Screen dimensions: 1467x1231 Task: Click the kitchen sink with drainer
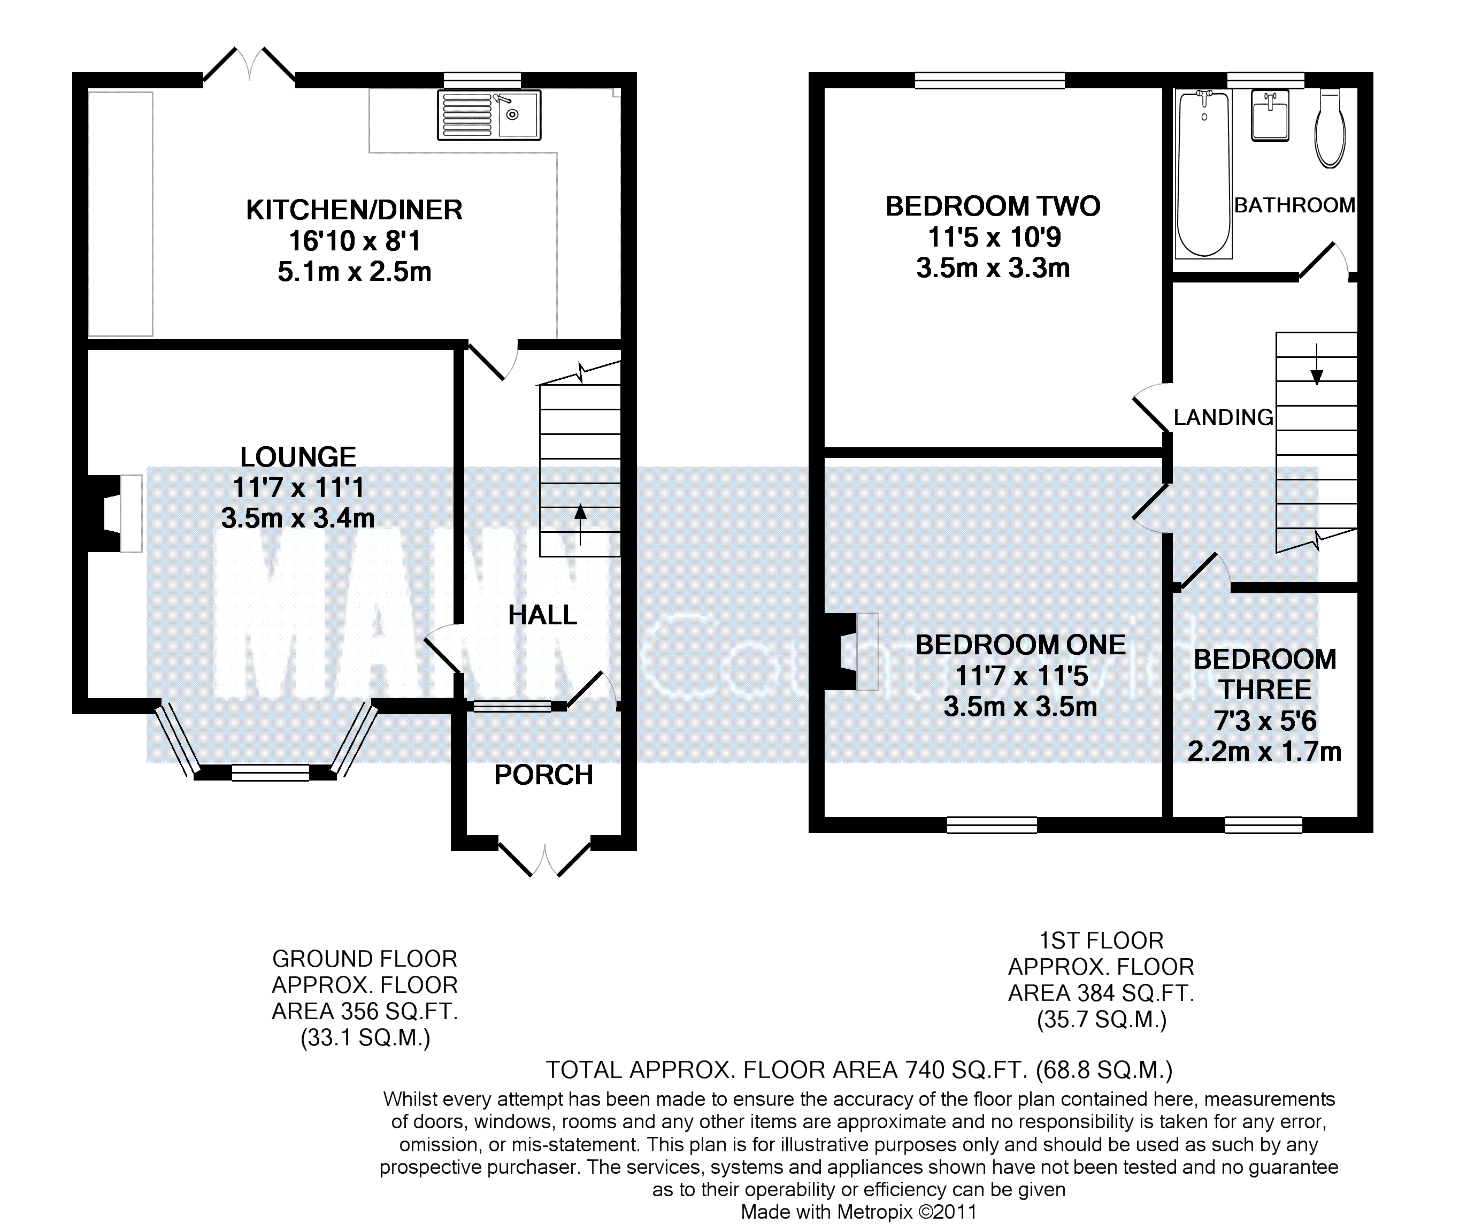click(x=489, y=114)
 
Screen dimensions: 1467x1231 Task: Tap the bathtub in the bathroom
click(x=1204, y=174)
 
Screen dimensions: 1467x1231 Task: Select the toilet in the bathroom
click(x=1330, y=129)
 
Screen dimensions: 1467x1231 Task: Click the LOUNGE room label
click(x=298, y=457)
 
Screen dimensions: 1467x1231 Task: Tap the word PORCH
click(x=543, y=775)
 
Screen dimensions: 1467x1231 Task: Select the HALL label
click(x=543, y=615)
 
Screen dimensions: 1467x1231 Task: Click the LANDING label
click(x=1223, y=417)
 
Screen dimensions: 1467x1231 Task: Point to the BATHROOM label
click(x=1294, y=205)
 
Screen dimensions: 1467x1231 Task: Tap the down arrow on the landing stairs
click(x=1317, y=365)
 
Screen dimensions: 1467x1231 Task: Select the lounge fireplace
click(x=114, y=514)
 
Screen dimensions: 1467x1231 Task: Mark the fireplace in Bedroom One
click(x=851, y=652)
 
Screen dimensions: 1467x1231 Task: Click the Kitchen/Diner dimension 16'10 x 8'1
click(x=354, y=241)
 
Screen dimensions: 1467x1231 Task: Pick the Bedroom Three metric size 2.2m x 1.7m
click(x=1264, y=751)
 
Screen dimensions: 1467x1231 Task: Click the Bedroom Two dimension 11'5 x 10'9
click(x=993, y=238)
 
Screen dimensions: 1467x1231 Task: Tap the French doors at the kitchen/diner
click(x=249, y=66)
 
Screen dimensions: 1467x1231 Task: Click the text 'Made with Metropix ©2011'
click(x=858, y=1212)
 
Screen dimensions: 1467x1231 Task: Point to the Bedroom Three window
click(x=1264, y=825)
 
